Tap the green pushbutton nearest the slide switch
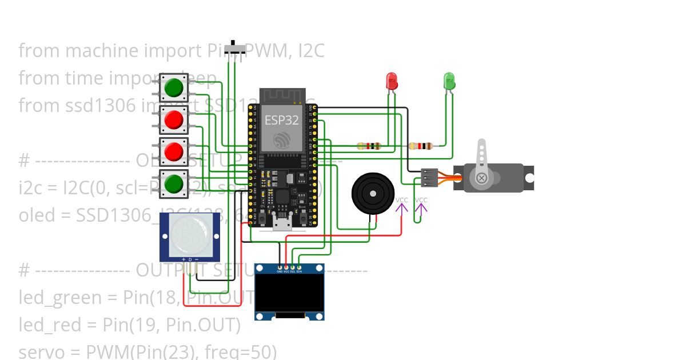174,88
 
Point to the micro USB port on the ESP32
281,223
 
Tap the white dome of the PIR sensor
189,236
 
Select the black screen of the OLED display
289,292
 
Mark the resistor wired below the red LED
369,146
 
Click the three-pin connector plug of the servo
429,178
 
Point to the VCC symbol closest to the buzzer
402,205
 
